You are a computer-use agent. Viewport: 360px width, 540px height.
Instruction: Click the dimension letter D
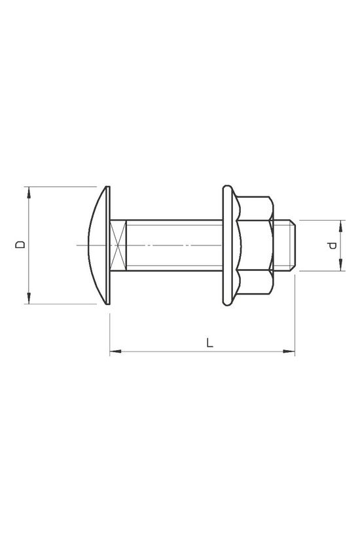[21, 245]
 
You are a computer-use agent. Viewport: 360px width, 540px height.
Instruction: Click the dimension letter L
[208, 342]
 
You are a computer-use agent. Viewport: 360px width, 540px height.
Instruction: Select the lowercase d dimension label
[333, 245]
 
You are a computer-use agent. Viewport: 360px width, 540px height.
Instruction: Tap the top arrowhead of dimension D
[28, 191]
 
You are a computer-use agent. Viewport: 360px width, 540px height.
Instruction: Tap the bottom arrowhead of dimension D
[28, 299]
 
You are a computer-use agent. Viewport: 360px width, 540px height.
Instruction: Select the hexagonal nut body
[257, 245]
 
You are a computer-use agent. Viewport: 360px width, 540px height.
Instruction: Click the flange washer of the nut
[228, 245]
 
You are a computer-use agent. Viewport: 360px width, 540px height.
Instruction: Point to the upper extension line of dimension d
[321, 221]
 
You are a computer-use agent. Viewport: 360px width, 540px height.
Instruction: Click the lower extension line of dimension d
[321, 270]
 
